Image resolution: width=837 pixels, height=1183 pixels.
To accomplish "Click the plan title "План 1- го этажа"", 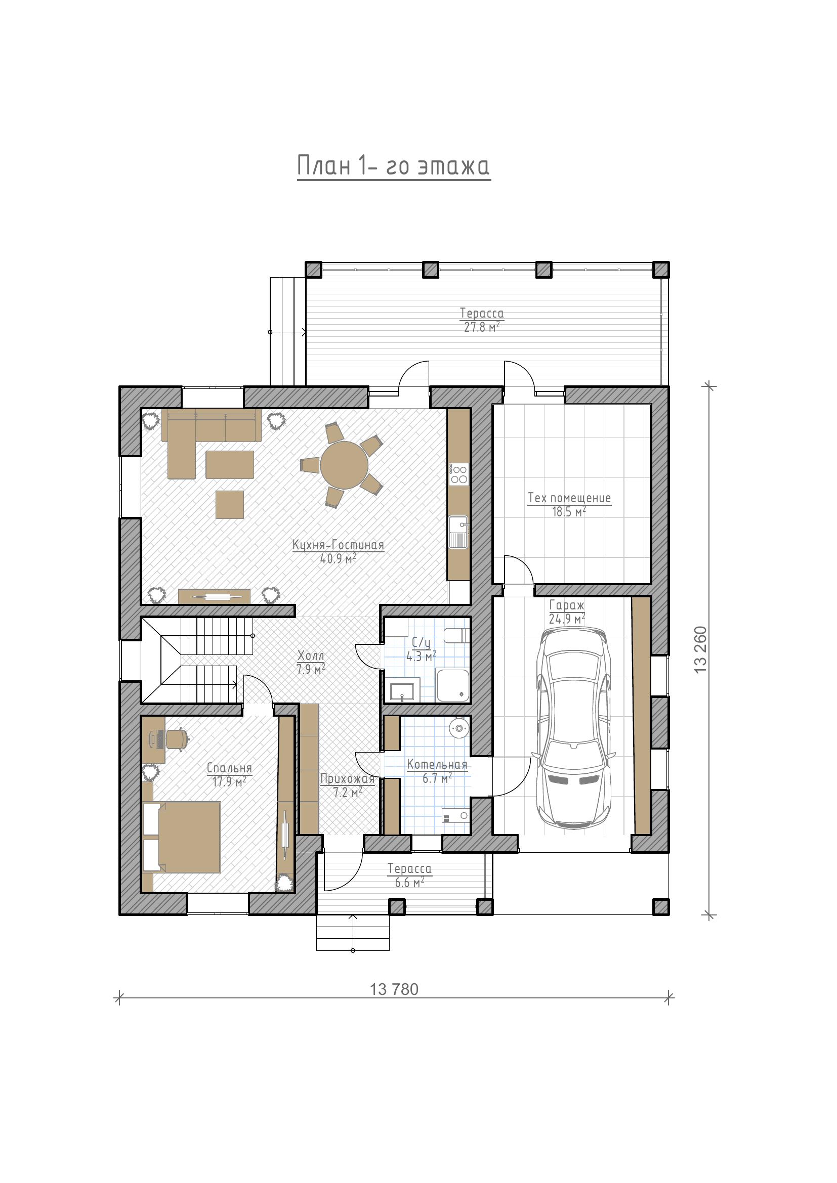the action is pos(394,166).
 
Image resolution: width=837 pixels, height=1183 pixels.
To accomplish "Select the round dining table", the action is pos(344,465).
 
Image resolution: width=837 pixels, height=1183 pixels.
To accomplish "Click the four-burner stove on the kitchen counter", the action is pos(458,474).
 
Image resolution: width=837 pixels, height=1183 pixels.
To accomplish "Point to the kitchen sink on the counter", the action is pos(458,532).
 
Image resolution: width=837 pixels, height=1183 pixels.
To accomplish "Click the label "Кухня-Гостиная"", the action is pos(338,545).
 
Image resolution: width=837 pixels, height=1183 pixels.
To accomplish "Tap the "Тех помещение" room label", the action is pos(569,498).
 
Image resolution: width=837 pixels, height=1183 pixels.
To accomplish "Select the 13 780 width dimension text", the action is pos(394,989).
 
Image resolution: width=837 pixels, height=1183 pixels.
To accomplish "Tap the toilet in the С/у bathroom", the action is pos(456,636).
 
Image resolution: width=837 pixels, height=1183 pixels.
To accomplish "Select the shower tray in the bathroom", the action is pos(453,685).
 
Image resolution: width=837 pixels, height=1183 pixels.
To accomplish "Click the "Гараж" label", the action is pos(567,605).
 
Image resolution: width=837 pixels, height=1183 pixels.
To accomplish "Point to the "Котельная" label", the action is pos(437,765).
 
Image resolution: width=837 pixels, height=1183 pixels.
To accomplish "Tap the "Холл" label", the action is pos(311,656).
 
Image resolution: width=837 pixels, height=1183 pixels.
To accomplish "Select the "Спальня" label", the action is pos(229,768).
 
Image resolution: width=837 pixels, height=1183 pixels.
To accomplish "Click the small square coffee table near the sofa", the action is pos(230,504).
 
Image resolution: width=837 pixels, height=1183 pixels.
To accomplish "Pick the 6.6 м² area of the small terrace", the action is pos(410,883).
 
